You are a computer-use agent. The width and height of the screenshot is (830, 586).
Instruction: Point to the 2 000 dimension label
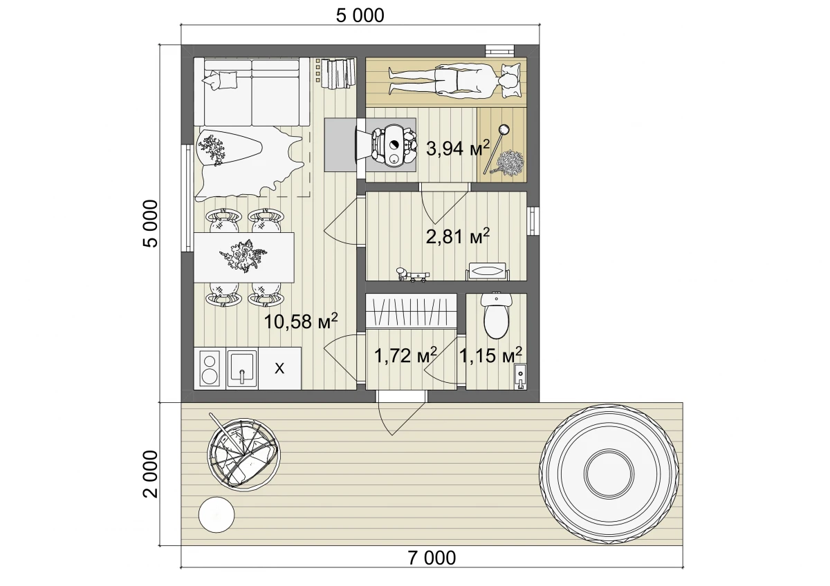coord(151,474)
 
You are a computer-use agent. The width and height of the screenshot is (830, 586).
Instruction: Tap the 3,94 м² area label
coord(458,149)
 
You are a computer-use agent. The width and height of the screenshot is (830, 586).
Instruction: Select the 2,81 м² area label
coord(458,236)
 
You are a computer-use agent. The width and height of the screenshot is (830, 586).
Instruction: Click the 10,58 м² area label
coord(301,321)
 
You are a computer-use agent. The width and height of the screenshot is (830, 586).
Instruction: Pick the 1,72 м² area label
coord(406,355)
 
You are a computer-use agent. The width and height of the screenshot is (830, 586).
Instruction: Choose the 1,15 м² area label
coord(490,355)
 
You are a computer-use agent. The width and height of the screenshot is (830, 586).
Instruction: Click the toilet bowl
coord(496,316)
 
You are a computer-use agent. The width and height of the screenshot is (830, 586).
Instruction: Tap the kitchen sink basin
coord(242,368)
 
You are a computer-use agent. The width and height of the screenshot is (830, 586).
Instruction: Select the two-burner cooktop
coord(210,368)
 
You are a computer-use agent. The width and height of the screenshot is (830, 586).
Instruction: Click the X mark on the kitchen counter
coord(279,368)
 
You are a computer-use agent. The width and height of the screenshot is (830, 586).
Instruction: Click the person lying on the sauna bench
coord(452,82)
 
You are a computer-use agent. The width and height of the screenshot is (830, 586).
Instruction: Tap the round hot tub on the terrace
coord(609,473)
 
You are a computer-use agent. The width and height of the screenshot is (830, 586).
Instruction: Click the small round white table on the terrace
coord(216,515)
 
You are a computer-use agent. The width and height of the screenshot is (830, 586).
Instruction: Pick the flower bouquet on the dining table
coord(243,256)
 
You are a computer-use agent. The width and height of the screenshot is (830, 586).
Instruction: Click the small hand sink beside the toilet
coord(520,376)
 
